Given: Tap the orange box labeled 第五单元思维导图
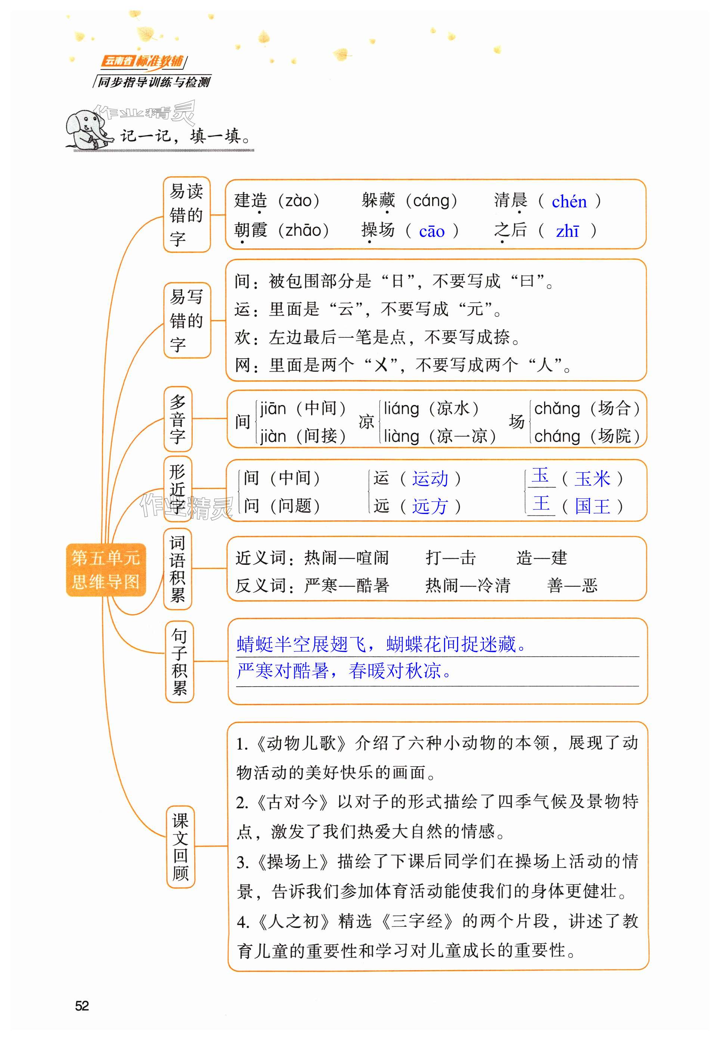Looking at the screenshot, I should tap(106, 570).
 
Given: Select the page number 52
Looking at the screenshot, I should tap(82, 1005).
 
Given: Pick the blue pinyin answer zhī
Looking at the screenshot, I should tap(567, 231).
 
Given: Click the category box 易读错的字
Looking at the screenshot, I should tap(186, 215).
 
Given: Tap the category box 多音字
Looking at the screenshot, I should tap(178, 419).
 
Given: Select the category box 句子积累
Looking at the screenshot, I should tap(179, 662).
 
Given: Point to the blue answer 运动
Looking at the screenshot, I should tap(430, 479).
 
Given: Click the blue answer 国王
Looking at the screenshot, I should tap(592, 506).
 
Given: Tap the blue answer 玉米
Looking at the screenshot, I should tap(592, 479).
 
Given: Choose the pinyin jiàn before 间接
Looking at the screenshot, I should tap(273, 436).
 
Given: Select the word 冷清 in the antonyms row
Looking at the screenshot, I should tap(494, 586).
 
